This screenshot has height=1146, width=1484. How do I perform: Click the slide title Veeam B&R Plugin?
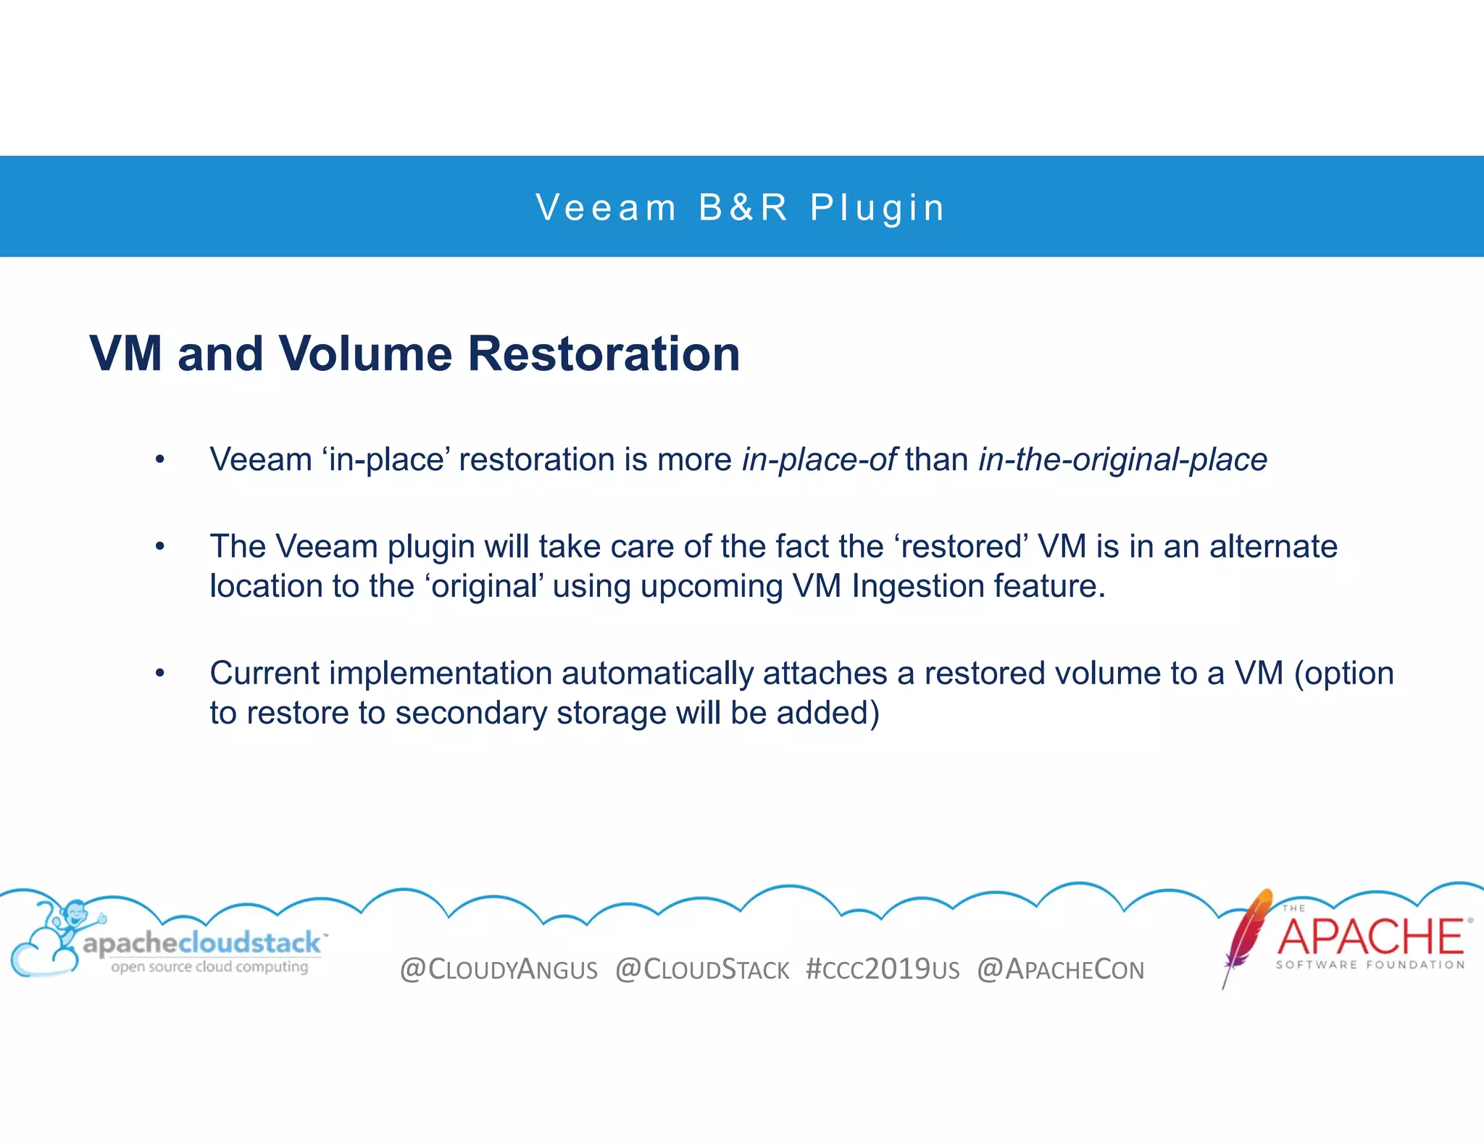click(x=741, y=208)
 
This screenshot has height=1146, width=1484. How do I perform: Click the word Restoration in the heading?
click(x=604, y=354)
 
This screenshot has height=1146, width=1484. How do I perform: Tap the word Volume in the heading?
click(x=365, y=354)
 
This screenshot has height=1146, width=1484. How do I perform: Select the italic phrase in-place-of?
click(x=819, y=460)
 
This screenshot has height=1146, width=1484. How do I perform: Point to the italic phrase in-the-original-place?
click(x=1122, y=460)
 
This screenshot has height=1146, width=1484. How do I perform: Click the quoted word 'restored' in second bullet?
click(x=960, y=547)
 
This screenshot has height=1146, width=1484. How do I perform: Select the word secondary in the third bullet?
click(x=470, y=714)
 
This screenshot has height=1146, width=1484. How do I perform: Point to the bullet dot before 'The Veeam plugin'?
click(x=160, y=547)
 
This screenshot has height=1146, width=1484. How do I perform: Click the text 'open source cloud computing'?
click(x=209, y=967)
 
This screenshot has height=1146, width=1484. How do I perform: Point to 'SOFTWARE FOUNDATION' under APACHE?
click(x=1370, y=965)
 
